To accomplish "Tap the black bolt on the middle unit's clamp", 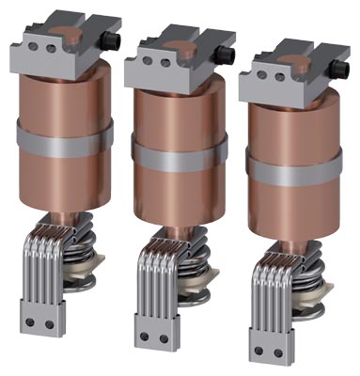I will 227,55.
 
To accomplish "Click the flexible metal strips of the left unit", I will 42,263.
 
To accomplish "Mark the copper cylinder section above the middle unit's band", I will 179,113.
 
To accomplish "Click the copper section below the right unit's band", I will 293,202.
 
